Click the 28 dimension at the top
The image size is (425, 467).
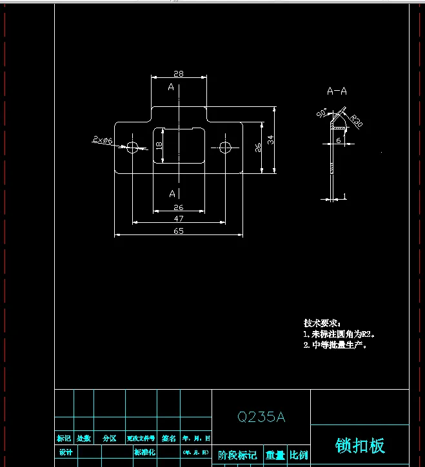tap(179, 73)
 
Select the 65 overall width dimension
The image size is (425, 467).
tap(179, 231)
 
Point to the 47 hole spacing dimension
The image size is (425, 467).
tap(179, 219)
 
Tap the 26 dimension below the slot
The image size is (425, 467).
tap(179, 207)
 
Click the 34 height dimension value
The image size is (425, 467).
tap(272, 139)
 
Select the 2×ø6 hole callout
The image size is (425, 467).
tap(103, 140)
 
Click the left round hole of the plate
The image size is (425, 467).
tap(133, 147)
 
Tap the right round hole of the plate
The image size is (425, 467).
tap(225, 147)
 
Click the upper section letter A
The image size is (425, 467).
tap(171, 87)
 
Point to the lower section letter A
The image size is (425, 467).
tap(172, 193)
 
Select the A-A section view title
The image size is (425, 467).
tap(337, 91)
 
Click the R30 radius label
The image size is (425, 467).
tap(355, 120)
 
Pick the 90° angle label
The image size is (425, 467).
tap(322, 113)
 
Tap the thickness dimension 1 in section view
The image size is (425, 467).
tap(345, 196)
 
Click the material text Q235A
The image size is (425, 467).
tap(261, 417)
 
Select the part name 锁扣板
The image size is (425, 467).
tap(360, 445)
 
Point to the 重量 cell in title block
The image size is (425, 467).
tap(275, 455)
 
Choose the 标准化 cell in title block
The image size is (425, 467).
tap(144, 452)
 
